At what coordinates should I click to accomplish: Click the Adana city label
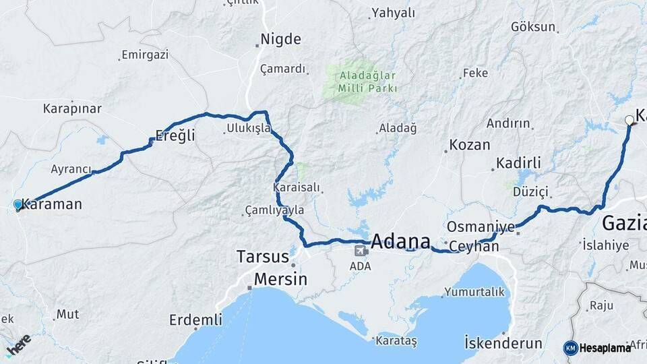[x=400, y=241]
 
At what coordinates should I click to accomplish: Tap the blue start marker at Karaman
[x=18, y=204]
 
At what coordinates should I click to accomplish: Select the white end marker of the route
[x=629, y=120]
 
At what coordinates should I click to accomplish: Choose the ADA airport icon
[x=361, y=251]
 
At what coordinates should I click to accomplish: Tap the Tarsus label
[x=263, y=257]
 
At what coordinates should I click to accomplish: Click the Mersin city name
[x=280, y=279]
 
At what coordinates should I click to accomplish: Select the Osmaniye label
[x=481, y=226]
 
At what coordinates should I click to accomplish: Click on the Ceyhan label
[x=474, y=247]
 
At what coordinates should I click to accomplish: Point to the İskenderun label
[x=503, y=343]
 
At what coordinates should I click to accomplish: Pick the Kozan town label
[x=469, y=145]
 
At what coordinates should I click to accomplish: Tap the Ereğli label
[x=175, y=135]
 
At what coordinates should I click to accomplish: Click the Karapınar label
[x=72, y=109]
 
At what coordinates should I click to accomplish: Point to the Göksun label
[x=534, y=28]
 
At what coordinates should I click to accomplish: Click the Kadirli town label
[x=518, y=163]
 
